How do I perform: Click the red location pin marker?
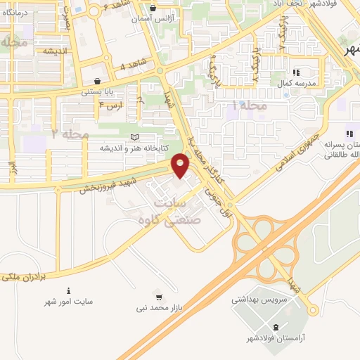point(181,166)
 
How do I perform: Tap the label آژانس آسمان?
point(153,20)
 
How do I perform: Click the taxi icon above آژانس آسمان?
point(153,8)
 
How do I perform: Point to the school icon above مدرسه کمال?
point(296,72)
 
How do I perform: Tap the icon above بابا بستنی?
point(96,80)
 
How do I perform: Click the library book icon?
point(135,137)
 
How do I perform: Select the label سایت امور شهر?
point(68,302)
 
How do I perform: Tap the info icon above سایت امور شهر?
point(68,290)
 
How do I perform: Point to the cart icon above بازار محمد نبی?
point(160,297)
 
